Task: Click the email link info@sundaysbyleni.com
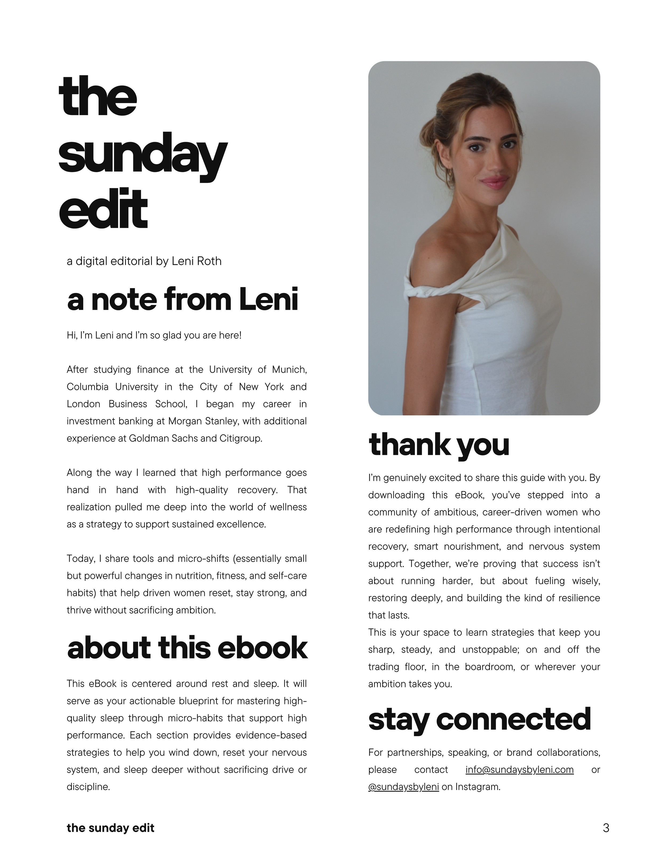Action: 519,770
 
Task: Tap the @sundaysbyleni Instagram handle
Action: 403,787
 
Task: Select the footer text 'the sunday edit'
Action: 110,828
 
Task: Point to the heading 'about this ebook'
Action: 187,648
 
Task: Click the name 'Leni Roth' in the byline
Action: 197,261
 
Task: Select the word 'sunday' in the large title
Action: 142,154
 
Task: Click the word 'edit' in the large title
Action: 103,210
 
